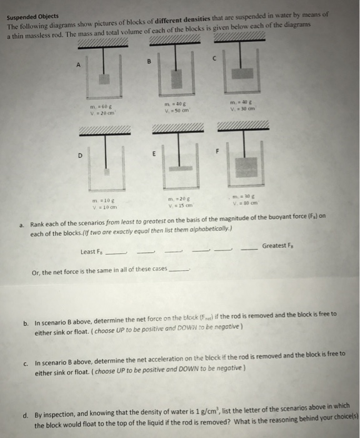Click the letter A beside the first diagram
tap(78, 64)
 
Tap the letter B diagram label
tap(148, 61)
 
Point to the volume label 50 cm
tap(172, 111)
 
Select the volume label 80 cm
tap(241, 201)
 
